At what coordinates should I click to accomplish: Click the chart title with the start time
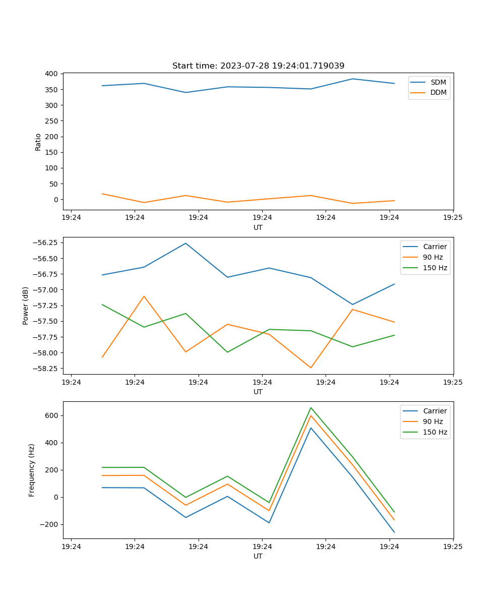(x=258, y=66)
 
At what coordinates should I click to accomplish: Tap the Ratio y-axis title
(x=38, y=142)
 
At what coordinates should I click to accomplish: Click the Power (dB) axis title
(x=26, y=306)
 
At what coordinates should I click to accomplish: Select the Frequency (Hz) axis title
(x=32, y=470)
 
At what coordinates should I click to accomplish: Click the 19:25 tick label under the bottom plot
(x=453, y=547)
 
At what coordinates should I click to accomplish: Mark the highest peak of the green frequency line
(x=311, y=407)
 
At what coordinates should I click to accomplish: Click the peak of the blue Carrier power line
(x=185, y=243)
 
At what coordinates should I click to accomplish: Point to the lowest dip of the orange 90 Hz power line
(x=311, y=368)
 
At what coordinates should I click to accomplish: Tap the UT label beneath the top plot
(x=258, y=227)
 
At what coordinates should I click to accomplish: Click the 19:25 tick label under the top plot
(x=453, y=218)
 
